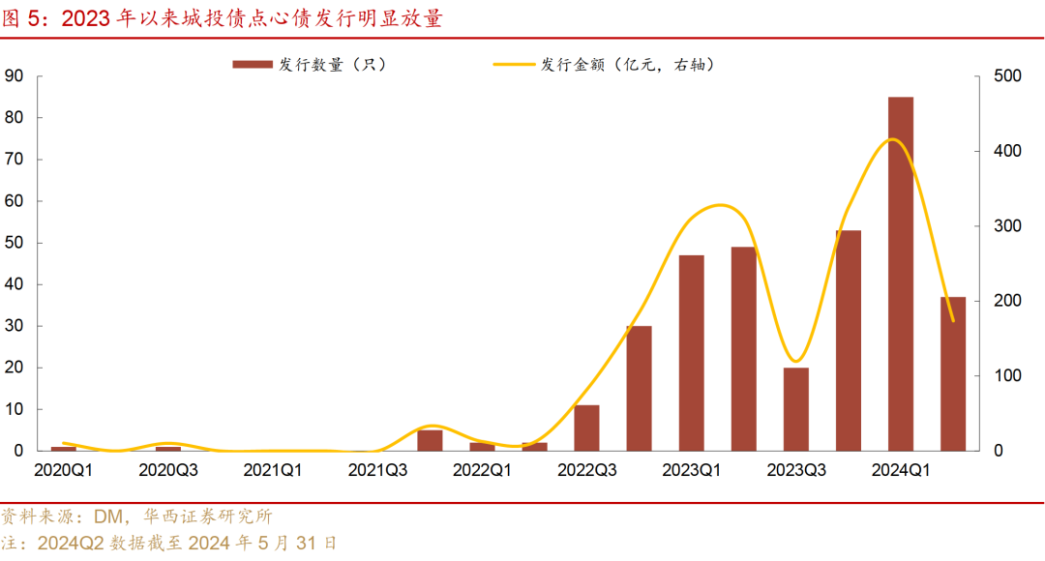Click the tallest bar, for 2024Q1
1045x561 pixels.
click(x=900, y=274)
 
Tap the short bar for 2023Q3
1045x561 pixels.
click(x=795, y=409)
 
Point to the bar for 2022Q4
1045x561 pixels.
click(x=639, y=388)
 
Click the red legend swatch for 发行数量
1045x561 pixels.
click(x=252, y=65)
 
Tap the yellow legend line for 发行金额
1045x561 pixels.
click(x=515, y=65)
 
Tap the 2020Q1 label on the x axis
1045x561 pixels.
click(x=64, y=470)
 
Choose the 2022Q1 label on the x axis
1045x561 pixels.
click(x=482, y=470)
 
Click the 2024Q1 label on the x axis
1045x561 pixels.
click(x=900, y=470)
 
